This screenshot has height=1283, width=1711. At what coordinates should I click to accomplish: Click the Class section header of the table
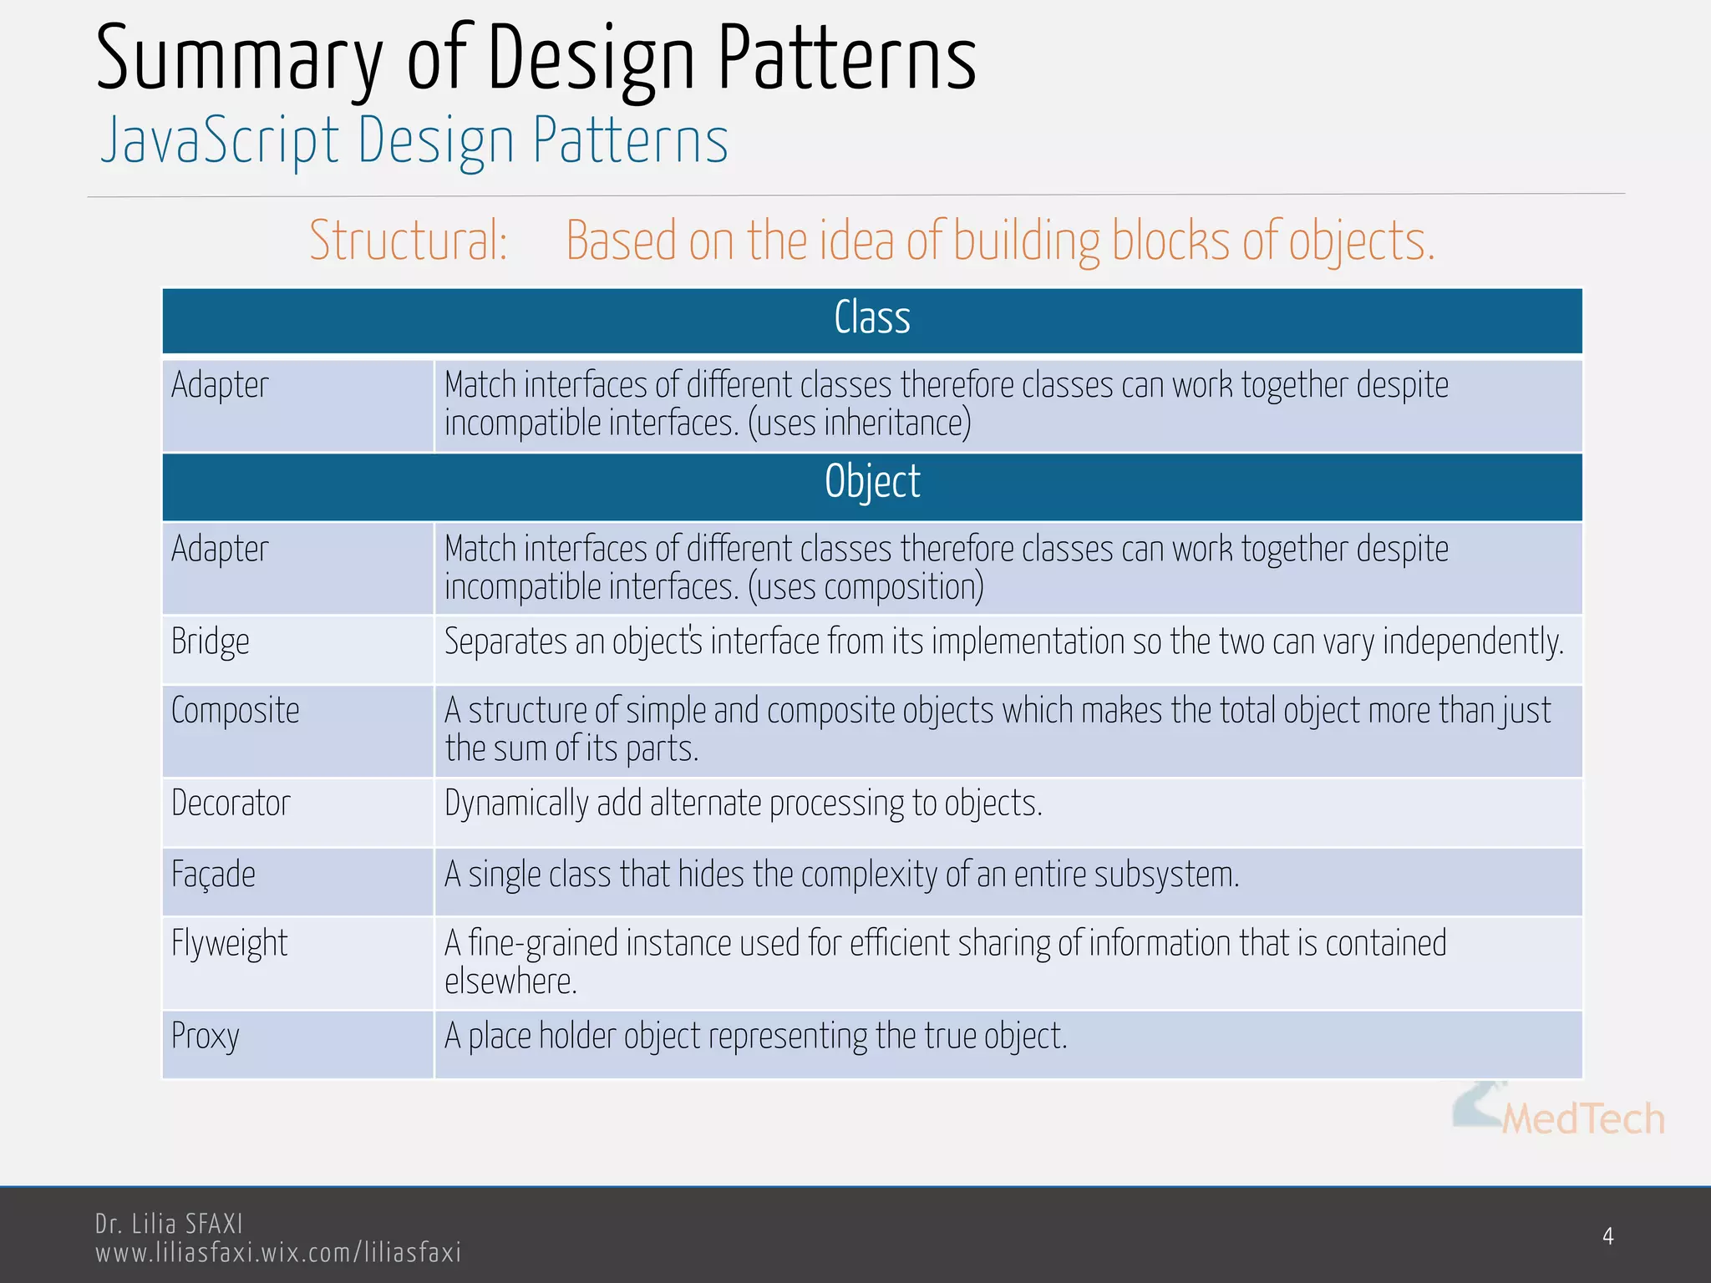click(x=872, y=319)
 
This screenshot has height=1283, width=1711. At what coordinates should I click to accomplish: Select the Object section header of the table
click(x=872, y=483)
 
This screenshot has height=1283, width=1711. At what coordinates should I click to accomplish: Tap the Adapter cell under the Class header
click(x=220, y=386)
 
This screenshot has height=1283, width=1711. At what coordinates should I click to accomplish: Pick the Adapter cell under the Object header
click(x=220, y=550)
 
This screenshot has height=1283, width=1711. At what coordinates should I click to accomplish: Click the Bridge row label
click(x=211, y=642)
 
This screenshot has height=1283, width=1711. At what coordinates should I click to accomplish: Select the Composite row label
click(x=236, y=712)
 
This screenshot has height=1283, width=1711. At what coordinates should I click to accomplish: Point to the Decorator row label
click(x=231, y=804)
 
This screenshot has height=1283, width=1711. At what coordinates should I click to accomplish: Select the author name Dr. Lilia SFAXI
click(x=169, y=1225)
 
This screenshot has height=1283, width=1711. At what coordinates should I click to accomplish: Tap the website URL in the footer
click(x=278, y=1253)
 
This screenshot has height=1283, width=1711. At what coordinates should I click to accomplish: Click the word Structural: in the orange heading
click(x=409, y=241)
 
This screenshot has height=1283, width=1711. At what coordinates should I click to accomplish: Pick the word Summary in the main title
click(x=239, y=60)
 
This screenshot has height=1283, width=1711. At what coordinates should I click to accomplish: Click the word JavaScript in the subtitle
click(x=220, y=140)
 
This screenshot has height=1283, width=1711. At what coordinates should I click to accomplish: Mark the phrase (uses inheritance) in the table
click(x=859, y=423)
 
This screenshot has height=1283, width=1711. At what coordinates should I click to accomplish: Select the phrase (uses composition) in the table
click(x=866, y=587)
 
